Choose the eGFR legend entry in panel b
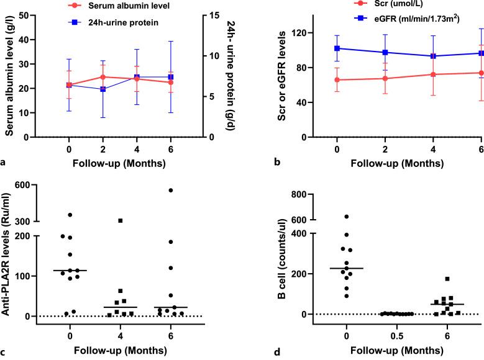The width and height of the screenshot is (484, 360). click(x=406, y=19)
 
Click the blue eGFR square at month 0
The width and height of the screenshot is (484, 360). click(x=337, y=48)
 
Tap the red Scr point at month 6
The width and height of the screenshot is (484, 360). click(x=482, y=73)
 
